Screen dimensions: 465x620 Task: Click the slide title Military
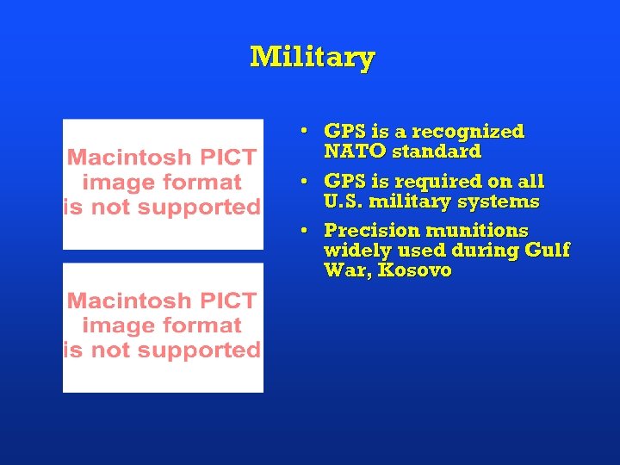tap(312, 58)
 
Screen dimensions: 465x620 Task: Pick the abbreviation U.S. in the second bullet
tap(343, 202)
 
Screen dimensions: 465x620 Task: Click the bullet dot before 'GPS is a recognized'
tap(305, 133)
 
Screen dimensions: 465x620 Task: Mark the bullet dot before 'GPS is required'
tap(305, 183)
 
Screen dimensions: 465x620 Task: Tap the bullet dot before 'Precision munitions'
tap(305, 232)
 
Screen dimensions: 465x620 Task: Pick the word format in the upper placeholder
tap(206, 183)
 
